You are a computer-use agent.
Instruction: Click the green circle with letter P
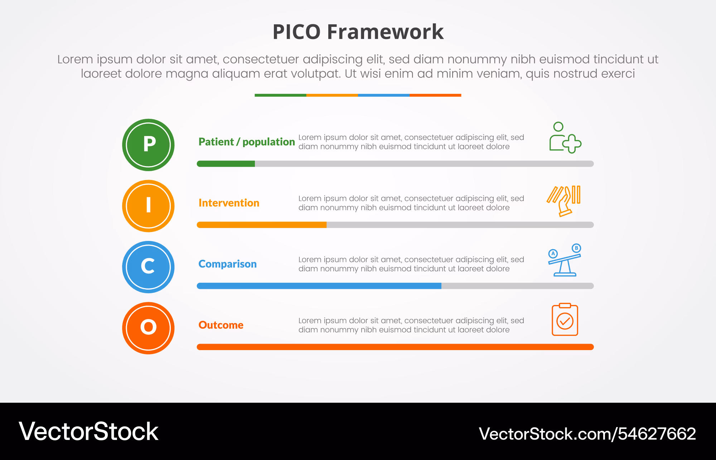click(x=148, y=145)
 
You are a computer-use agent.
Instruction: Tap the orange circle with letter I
click(x=148, y=206)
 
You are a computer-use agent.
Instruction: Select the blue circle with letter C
click(x=148, y=267)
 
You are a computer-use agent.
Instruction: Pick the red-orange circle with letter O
click(x=148, y=328)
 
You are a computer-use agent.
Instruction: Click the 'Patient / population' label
click(x=247, y=142)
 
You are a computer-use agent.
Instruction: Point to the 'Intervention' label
click(x=229, y=203)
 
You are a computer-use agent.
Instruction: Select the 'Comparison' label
click(x=228, y=264)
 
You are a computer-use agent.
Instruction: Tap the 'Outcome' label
click(x=221, y=325)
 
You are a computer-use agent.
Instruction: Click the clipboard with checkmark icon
click(x=565, y=319)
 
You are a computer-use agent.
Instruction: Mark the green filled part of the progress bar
click(x=226, y=164)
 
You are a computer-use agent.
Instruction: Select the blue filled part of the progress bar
click(x=319, y=286)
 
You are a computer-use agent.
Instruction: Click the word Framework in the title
click(x=385, y=32)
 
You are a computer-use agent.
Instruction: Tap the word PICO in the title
click(x=296, y=32)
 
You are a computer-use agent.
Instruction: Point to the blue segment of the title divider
click(x=383, y=95)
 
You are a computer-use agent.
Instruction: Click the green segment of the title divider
click(x=280, y=95)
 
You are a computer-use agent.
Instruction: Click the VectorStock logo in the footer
click(x=88, y=431)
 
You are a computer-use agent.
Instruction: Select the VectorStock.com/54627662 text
click(x=587, y=434)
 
